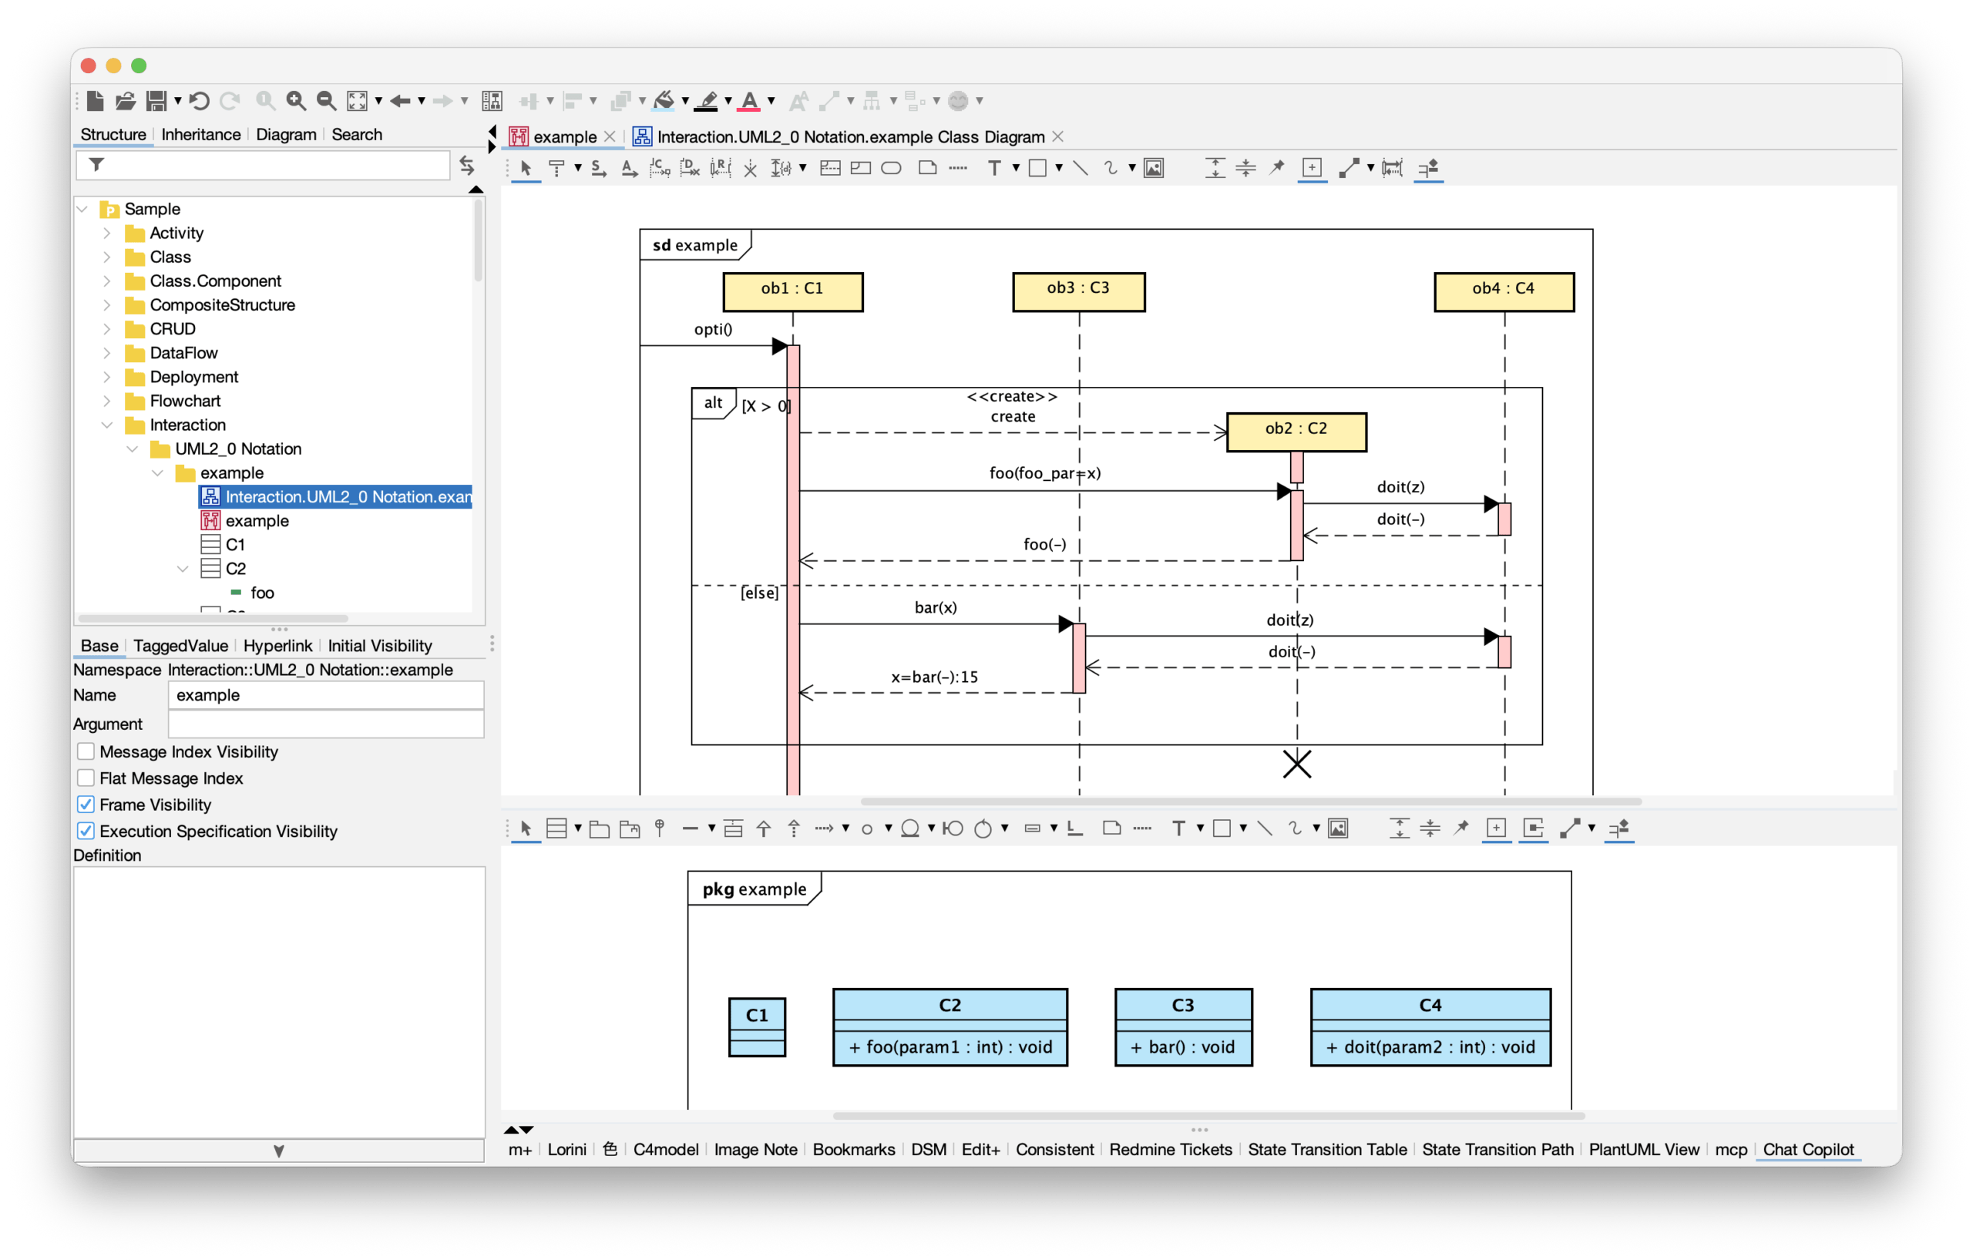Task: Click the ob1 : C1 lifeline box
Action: (792, 291)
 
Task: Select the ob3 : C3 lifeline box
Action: (1078, 291)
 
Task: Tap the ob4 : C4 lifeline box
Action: (1504, 291)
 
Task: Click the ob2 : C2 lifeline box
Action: (1296, 431)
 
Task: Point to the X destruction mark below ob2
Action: (1297, 764)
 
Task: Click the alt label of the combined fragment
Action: (713, 403)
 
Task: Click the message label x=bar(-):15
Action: (934, 677)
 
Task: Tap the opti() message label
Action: (713, 329)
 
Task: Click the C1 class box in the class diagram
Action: (756, 1026)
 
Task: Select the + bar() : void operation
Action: (1182, 1047)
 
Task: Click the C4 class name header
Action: (1430, 1004)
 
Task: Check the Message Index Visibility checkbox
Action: (86, 751)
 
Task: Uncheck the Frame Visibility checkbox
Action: (86, 805)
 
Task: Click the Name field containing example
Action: (325, 694)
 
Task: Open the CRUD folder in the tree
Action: (172, 328)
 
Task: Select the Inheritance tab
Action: (200, 134)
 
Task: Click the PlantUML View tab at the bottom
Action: (1644, 1148)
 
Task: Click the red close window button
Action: (89, 66)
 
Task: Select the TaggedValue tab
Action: (180, 646)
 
